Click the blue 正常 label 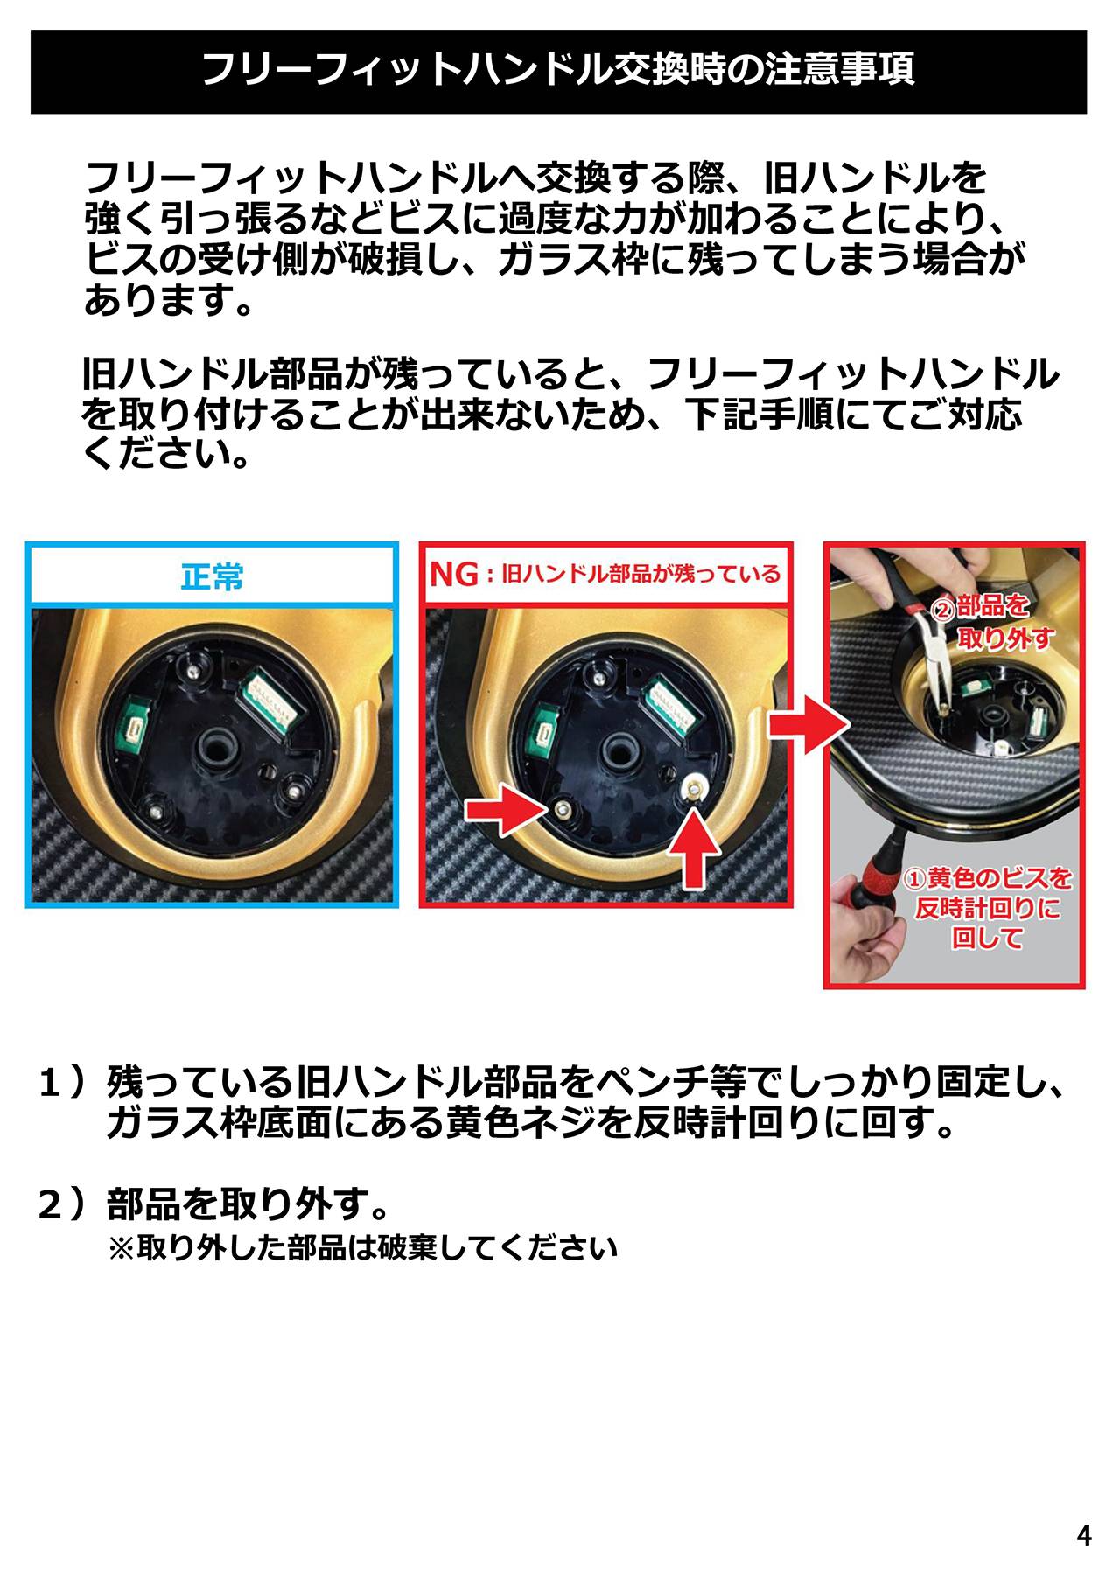pos(213,576)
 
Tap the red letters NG pos(454,575)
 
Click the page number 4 pos(1084,1535)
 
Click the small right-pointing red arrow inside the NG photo pos(506,810)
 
